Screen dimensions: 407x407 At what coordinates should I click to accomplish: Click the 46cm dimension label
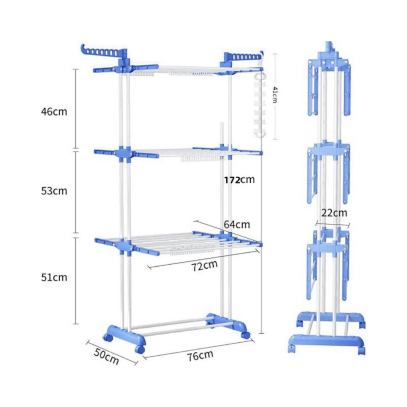coord(54,112)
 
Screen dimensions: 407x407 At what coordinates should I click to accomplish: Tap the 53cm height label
coord(54,191)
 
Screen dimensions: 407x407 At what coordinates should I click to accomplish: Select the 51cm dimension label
coord(54,277)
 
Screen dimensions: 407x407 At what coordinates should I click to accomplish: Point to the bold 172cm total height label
coord(239,179)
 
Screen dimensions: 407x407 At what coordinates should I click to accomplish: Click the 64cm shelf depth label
coord(237,224)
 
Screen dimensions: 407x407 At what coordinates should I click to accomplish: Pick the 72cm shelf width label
coord(204,265)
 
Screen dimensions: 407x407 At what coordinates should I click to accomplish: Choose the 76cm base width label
coord(200,355)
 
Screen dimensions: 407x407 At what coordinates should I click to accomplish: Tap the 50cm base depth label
coord(106,357)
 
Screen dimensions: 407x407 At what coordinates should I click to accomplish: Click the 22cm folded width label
coord(334,213)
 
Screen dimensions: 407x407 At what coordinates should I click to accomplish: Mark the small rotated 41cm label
coord(275,95)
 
